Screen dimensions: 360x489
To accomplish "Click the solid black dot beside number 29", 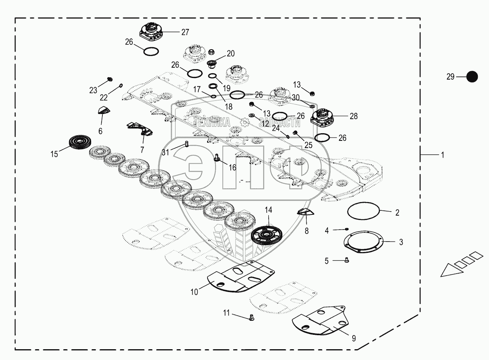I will tap(473, 76).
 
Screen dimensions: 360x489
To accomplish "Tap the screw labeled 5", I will tap(347, 260).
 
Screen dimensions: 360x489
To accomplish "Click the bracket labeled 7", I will tap(140, 128).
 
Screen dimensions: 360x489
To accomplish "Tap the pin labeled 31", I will tap(186, 144).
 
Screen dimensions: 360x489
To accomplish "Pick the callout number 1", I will tap(442, 155).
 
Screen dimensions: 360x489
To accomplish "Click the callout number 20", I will tap(231, 54).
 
